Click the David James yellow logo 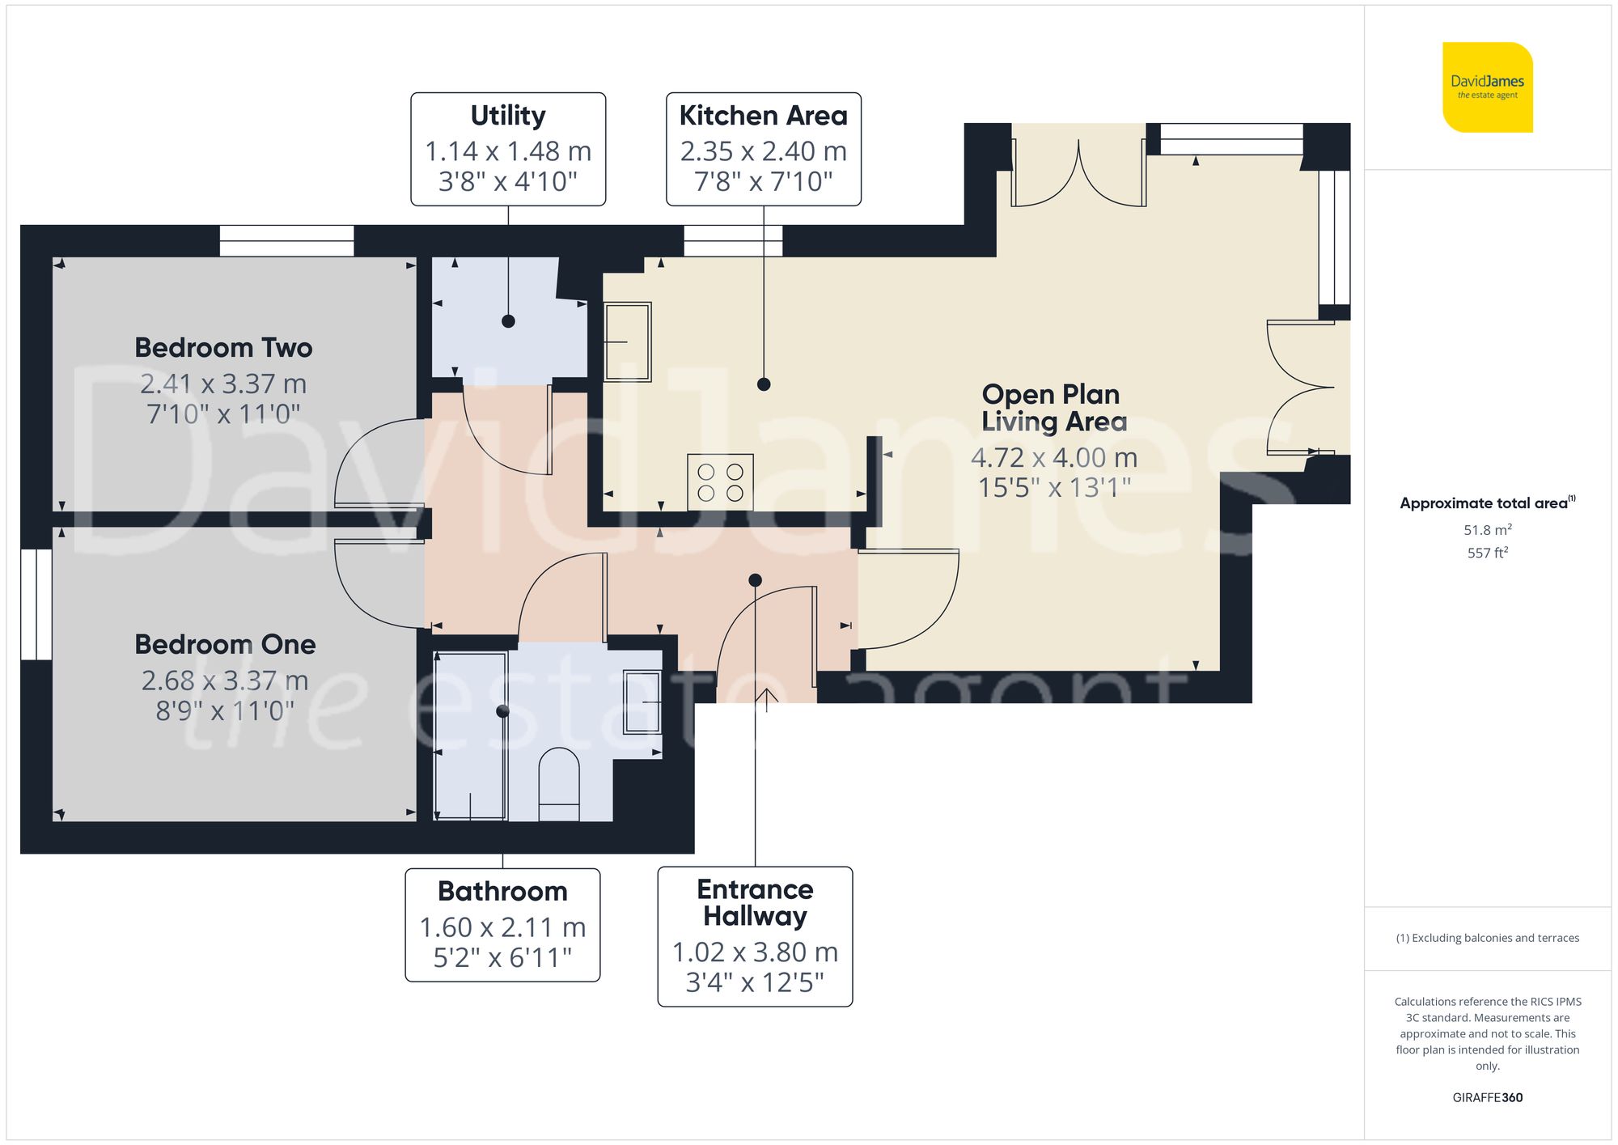pyautogui.click(x=1487, y=87)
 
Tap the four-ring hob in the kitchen pyautogui.click(x=720, y=482)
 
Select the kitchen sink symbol pyautogui.click(x=628, y=341)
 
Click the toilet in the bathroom pyautogui.click(x=559, y=782)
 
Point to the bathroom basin pyautogui.click(x=642, y=702)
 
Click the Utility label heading pyautogui.click(x=508, y=116)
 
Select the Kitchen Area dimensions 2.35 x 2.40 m pyautogui.click(x=763, y=151)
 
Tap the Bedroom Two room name pyautogui.click(x=223, y=348)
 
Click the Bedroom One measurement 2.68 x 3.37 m pyautogui.click(x=225, y=681)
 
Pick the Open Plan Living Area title pyautogui.click(x=1053, y=408)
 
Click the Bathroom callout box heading pyautogui.click(x=502, y=891)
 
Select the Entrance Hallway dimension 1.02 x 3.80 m pyautogui.click(x=755, y=952)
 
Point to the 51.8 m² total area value pyautogui.click(x=1487, y=530)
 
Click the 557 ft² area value pyautogui.click(x=1487, y=553)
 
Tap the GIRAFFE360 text pyautogui.click(x=1487, y=1097)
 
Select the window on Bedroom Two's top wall pyautogui.click(x=287, y=241)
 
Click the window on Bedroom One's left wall pyautogui.click(x=36, y=604)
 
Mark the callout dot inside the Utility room pyautogui.click(x=508, y=321)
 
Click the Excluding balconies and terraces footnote pyautogui.click(x=1487, y=938)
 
